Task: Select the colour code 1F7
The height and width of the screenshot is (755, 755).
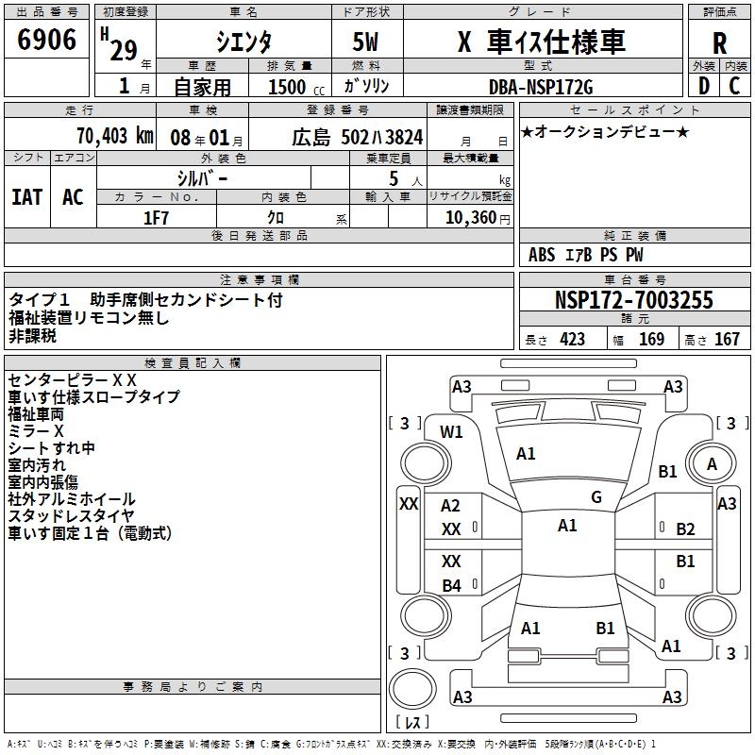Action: (x=157, y=217)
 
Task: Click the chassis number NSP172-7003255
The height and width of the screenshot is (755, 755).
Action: (x=633, y=301)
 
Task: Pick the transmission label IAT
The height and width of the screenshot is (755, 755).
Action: (x=26, y=197)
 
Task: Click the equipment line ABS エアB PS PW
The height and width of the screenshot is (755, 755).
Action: (x=586, y=255)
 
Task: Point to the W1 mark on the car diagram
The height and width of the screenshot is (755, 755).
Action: (x=452, y=432)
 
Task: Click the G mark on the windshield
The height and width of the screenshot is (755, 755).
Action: (x=596, y=496)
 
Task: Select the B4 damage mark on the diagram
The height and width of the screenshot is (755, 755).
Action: (x=452, y=586)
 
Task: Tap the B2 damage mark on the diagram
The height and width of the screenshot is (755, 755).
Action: (x=685, y=529)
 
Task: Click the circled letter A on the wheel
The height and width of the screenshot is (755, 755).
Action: (x=712, y=463)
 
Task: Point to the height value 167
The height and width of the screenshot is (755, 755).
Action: (x=727, y=340)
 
